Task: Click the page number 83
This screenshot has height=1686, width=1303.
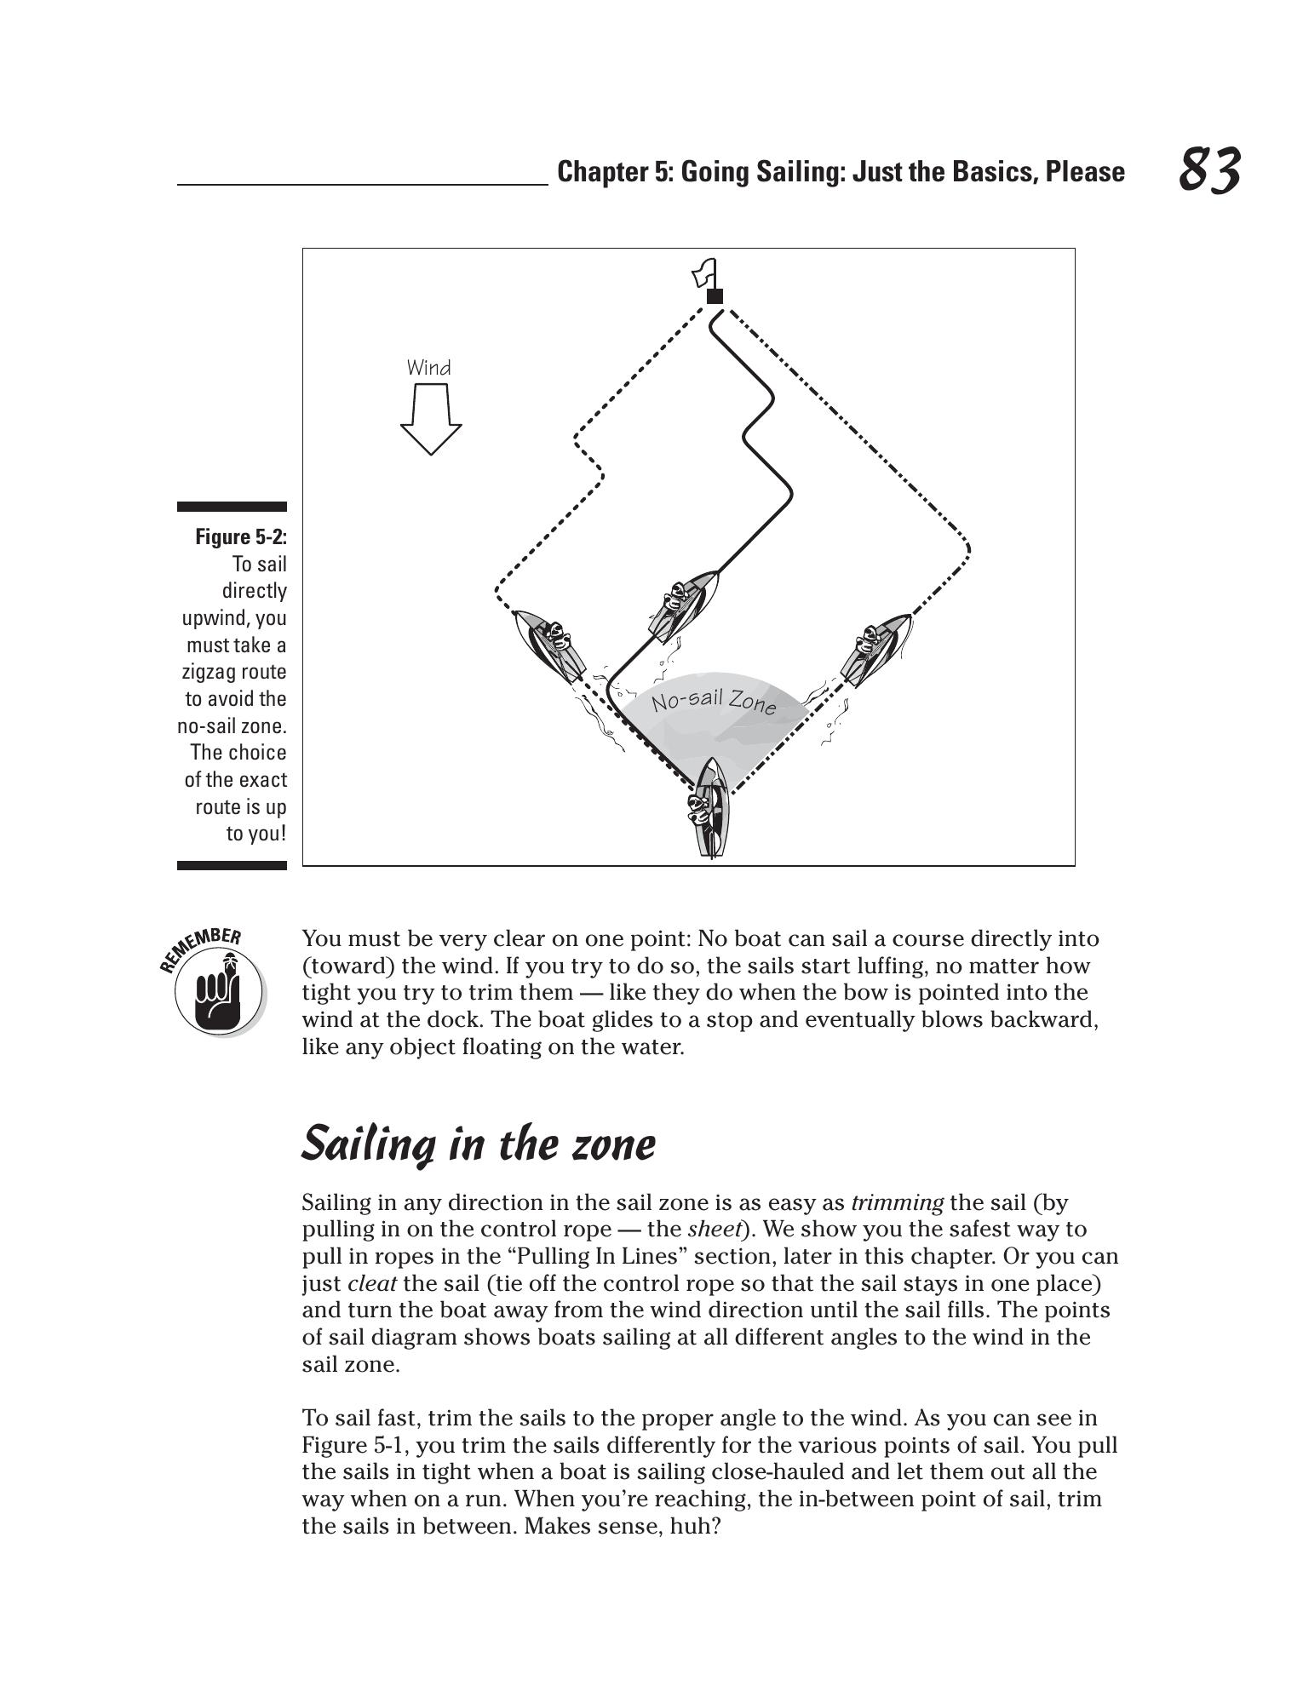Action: [x=1209, y=169]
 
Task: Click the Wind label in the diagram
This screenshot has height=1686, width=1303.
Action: [x=428, y=368]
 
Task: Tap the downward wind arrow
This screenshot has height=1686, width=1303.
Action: [x=431, y=418]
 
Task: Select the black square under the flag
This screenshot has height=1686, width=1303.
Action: [x=715, y=296]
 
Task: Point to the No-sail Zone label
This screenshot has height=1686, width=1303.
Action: [x=714, y=702]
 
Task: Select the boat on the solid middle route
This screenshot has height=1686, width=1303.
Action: [x=683, y=605]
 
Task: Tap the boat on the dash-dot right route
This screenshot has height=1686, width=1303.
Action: [x=875, y=648]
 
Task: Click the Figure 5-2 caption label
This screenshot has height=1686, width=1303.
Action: [x=241, y=536]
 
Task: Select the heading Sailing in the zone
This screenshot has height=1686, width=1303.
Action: [x=479, y=1144]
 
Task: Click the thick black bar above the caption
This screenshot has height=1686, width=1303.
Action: [x=232, y=507]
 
